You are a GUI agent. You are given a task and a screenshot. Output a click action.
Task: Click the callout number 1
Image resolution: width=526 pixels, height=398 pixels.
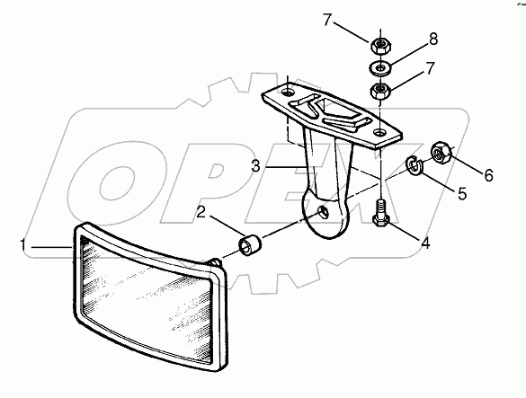(22, 245)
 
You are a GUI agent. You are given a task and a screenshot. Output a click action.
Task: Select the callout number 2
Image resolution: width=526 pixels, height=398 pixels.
(201, 212)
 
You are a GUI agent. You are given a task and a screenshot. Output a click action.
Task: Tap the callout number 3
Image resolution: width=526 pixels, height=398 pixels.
(256, 165)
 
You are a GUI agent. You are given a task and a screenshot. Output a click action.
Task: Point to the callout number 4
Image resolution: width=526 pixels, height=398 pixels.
(425, 243)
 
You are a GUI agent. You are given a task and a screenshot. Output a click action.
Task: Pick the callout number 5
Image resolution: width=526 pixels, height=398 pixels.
(462, 193)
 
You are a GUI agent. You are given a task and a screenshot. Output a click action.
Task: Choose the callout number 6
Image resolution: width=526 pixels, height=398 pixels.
(488, 175)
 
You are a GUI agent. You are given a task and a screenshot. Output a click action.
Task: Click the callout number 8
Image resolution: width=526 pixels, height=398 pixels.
(433, 40)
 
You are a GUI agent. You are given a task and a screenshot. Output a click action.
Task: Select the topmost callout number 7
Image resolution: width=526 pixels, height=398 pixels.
(328, 20)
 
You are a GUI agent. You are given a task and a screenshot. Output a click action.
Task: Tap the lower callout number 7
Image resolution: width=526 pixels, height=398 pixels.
(430, 68)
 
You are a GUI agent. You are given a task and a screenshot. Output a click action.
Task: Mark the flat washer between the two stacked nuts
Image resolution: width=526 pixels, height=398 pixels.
(379, 68)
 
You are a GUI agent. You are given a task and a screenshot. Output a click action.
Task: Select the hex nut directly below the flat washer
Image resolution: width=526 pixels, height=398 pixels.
(379, 91)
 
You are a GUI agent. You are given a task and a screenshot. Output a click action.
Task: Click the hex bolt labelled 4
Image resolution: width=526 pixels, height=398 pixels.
(380, 214)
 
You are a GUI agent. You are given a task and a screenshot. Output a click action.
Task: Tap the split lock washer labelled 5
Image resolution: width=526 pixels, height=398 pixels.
(414, 164)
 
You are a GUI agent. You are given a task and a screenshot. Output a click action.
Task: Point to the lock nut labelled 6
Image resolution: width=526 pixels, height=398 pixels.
(441, 153)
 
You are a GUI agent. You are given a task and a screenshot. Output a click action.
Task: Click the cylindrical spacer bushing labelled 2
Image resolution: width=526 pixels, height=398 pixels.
(250, 246)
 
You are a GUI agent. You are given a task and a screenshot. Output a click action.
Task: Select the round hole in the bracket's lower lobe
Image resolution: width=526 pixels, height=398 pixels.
(324, 211)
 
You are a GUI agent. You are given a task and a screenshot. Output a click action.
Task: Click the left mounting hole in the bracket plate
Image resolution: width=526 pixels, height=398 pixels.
(288, 92)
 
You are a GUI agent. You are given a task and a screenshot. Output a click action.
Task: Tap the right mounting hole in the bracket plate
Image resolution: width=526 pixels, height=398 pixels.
(379, 132)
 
